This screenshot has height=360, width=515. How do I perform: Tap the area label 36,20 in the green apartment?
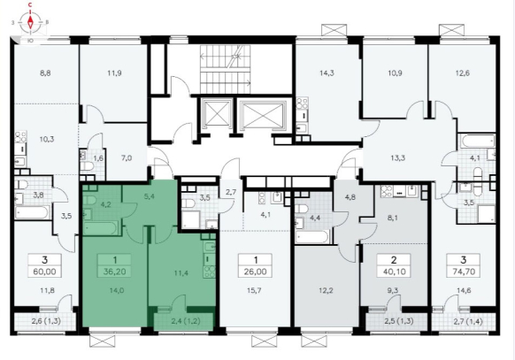[x=115, y=272]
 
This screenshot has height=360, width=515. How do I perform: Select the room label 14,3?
[x=327, y=73]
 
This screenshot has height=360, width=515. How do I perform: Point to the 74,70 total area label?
[x=463, y=272]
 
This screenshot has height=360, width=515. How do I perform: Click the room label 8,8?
[x=45, y=73]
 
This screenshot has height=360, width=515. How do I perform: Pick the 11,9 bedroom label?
[x=114, y=73]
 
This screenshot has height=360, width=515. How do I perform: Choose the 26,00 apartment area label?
[x=256, y=272]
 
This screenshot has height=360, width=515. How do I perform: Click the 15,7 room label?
[x=254, y=290]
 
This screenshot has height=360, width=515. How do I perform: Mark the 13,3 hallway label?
[x=397, y=157]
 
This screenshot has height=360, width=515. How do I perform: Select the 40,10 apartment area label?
[x=394, y=272]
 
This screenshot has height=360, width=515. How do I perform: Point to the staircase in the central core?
[x=225, y=69]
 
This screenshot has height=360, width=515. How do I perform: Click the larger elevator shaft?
[x=263, y=114]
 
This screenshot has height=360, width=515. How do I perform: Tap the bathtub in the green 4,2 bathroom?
[x=101, y=227]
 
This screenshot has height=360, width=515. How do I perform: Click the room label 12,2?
[x=326, y=290]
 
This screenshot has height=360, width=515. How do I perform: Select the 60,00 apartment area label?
[x=44, y=272]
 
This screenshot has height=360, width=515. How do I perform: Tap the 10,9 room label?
[x=395, y=73]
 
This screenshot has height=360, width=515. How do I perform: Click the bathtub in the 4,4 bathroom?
[x=312, y=237]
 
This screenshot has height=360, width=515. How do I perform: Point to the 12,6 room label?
[x=463, y=73]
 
